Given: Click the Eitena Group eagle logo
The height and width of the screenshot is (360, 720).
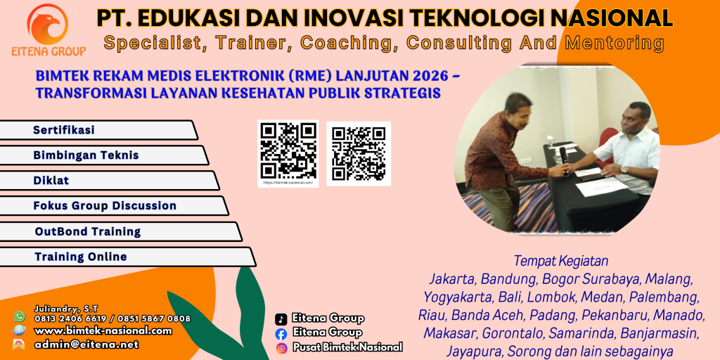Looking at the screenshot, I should [x=48, y=24].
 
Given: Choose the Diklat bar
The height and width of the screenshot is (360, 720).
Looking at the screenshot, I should [x=108, y=181].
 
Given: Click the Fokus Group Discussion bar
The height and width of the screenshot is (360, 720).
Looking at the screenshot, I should [x=112, y=206].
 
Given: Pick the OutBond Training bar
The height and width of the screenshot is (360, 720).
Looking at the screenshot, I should [x=120, y=231].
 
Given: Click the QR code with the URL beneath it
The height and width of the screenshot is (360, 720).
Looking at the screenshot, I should [x=288, y=150].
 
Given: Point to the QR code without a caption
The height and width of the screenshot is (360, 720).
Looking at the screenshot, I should [x=359, y=153].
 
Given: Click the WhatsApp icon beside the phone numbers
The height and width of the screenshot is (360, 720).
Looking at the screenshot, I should [x=19, y=317].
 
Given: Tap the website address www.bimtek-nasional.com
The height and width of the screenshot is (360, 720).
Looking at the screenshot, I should [x=103, y=330].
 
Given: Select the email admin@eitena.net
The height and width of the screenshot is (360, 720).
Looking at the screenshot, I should [x=86, y=345].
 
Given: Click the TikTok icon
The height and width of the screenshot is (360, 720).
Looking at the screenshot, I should [x=281, y=319].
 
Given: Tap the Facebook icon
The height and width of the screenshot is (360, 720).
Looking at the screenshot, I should [x=281, y=333].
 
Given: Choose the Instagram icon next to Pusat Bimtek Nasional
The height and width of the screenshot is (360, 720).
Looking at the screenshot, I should [x=281, y=347].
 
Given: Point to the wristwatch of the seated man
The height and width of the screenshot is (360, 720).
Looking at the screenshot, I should [x=623, y=169].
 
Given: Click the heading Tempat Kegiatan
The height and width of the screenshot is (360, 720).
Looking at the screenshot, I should [x=560, y=261].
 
